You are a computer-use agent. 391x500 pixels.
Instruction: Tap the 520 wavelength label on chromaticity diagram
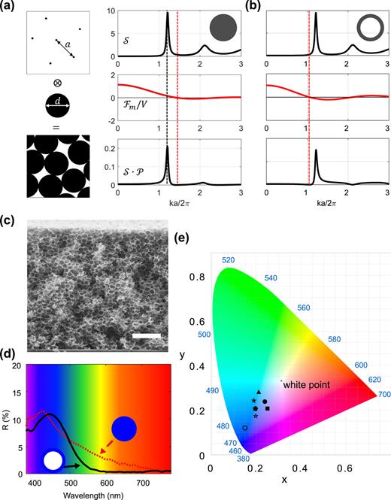click(x=229, y=260)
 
